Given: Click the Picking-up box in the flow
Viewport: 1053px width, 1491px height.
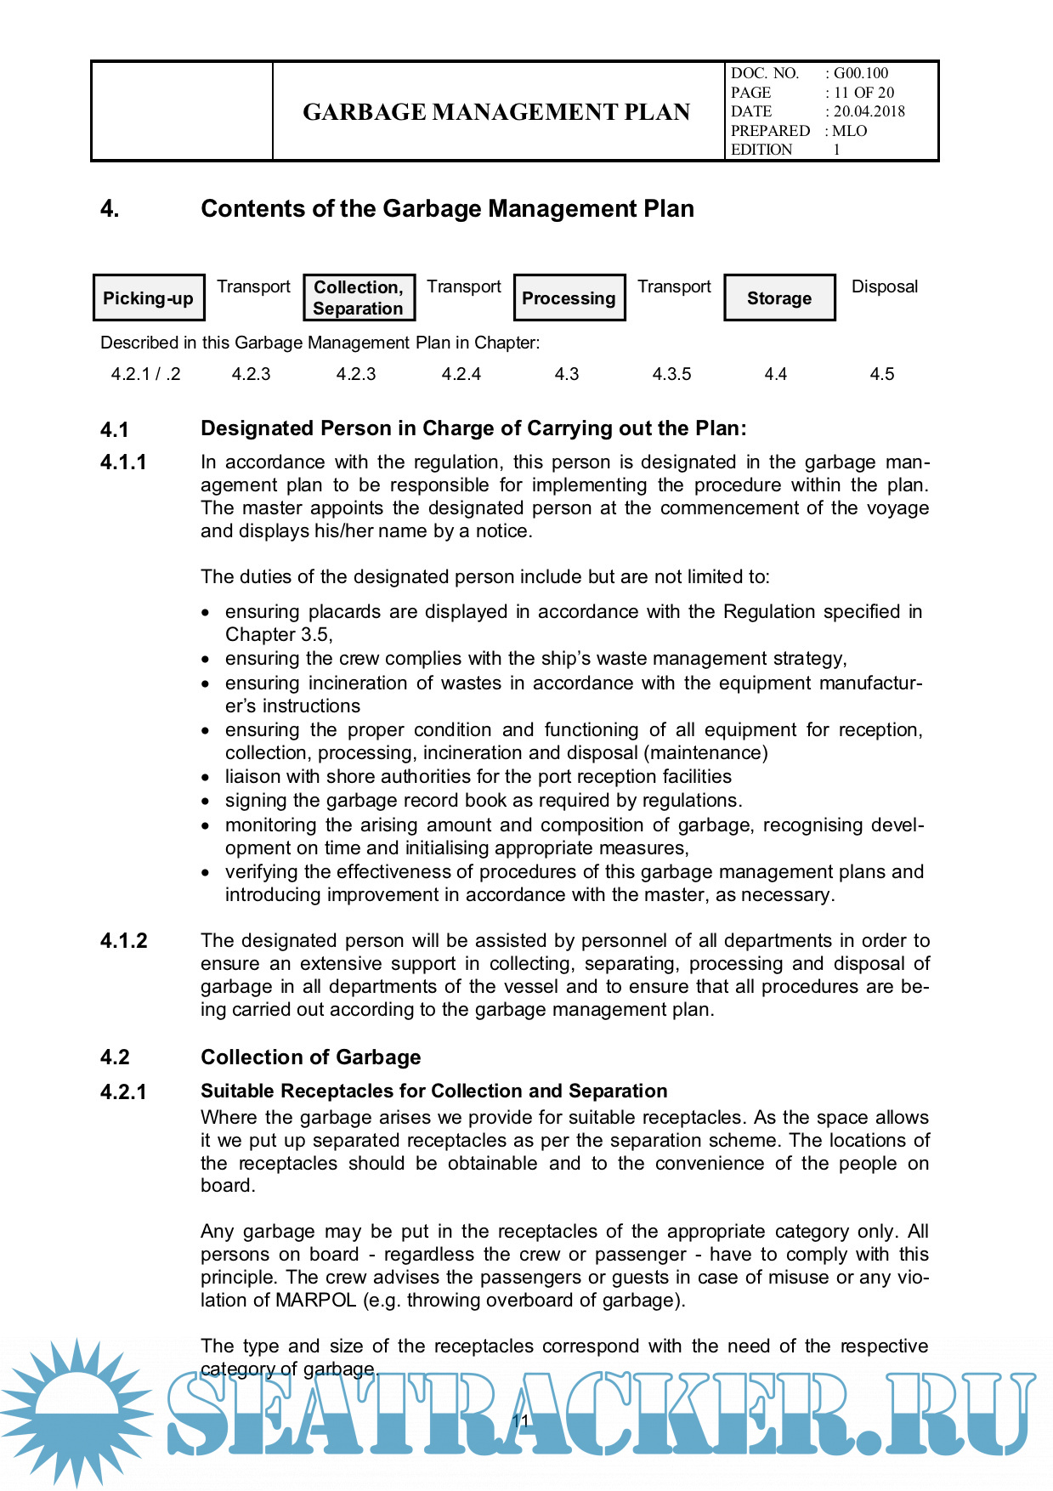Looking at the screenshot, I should [x=148, y=298].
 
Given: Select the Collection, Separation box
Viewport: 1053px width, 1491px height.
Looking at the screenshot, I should [x=359, y=298].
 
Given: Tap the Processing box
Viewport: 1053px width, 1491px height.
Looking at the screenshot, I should [x=569, y=298].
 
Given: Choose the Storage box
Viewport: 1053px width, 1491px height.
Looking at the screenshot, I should [x=778, y=298].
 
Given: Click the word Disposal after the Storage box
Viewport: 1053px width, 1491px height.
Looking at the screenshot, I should [x=885, y=286].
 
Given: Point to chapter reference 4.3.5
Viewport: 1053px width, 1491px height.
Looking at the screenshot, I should [x=671, y=374].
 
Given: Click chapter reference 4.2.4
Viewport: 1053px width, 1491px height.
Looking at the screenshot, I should [x=461, y=374].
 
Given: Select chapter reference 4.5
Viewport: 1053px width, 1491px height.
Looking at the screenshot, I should [x=882, y=374].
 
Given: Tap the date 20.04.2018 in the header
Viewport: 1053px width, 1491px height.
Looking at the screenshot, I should [x=869, y=111].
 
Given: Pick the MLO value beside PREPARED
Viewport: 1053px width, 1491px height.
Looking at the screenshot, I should [x=850, y=131].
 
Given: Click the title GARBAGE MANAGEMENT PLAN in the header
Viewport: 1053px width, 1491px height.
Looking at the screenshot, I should [x=496, y=112].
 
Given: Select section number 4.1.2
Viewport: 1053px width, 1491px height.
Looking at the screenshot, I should [x=124, y=941].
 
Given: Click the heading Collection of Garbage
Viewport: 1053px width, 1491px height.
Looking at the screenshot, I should [x=311, y=1057].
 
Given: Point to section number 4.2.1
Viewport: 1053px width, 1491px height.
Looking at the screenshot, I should [x=124, y=1092].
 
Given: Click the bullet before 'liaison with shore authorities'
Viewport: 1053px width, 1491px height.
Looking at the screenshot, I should [x=206, y=777].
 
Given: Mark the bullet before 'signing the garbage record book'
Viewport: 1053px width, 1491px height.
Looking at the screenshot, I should [x=206, y=801].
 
